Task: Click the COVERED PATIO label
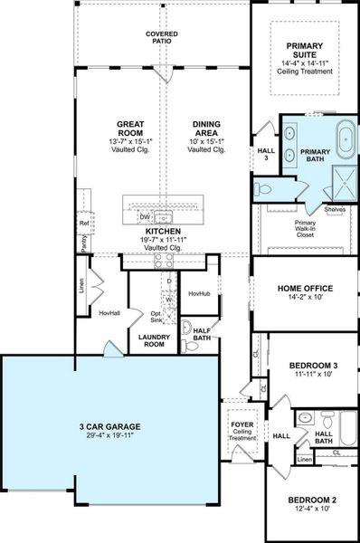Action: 162,37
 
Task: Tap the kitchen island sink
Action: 164,215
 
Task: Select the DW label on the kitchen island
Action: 145,217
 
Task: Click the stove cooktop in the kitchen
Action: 164,260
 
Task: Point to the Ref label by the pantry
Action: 83,223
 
